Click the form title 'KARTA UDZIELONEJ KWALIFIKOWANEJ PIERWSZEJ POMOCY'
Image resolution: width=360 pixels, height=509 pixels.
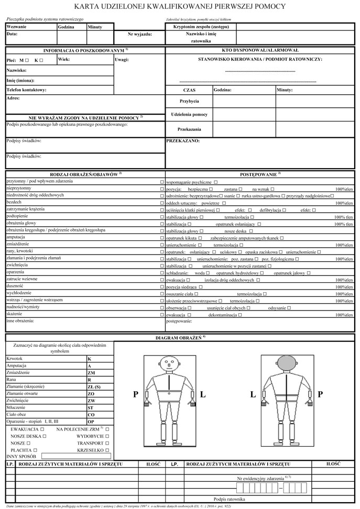pyautogui.click(x=180, y=7)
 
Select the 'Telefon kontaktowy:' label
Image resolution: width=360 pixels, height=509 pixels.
pyautogui.click(x=27, y=90)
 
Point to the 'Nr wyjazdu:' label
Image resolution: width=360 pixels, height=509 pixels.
pyautogui.click(x=140, y=34)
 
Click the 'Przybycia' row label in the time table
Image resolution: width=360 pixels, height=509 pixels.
pyautogui.click(x=189, y=101)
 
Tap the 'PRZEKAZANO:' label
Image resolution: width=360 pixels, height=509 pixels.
pyautogui.click(x=183, y=141)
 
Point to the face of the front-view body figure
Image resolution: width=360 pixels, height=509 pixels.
pyautogui.click(x=168, y=362)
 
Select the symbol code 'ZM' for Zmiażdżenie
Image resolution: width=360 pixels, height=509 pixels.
pyautogui.click(x=91, y=372)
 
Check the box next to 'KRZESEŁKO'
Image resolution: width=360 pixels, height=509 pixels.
pyautogui.click(x=107, y=450)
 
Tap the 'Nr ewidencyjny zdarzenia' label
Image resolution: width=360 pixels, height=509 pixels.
pyautogui.click(x=260, y=479)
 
